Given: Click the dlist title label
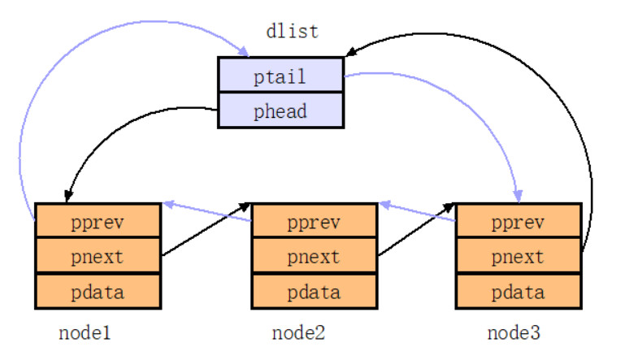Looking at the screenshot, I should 293,32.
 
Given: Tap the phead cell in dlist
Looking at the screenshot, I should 280,111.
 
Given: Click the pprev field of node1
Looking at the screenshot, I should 98,221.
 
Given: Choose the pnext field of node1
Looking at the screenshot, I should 98,256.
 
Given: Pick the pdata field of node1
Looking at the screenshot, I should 98,291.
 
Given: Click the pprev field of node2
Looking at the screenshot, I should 314,221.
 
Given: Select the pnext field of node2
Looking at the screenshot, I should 314,256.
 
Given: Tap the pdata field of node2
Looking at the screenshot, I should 314,291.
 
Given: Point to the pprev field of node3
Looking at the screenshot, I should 518,221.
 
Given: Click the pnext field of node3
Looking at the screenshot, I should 518,256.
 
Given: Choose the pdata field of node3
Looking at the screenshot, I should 518,291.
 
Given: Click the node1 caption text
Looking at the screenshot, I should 85,333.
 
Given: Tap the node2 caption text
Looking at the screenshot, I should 298,333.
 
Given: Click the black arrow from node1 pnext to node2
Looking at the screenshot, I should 206,231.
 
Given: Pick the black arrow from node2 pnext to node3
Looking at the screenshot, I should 416,231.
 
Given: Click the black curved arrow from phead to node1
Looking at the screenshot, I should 106,130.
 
